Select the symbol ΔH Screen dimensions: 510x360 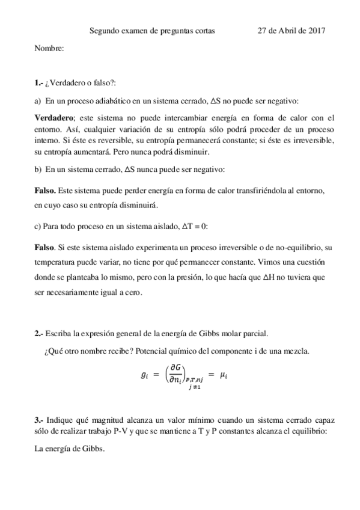(272, 278)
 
